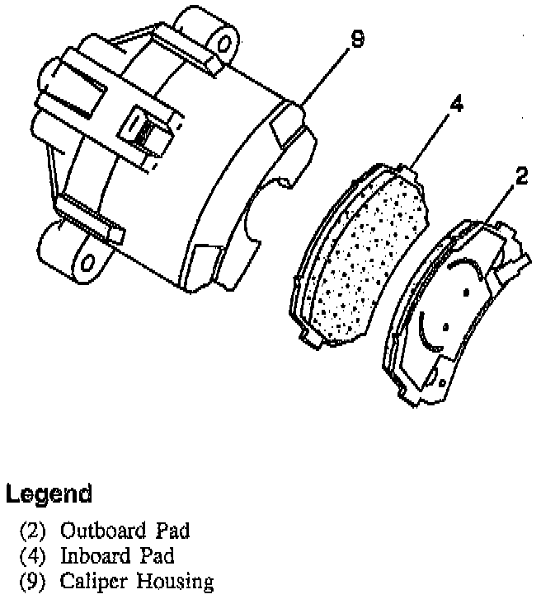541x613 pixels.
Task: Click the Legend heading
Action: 48,494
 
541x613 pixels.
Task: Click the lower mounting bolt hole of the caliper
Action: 87,263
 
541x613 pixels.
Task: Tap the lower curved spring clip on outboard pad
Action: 428,333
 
